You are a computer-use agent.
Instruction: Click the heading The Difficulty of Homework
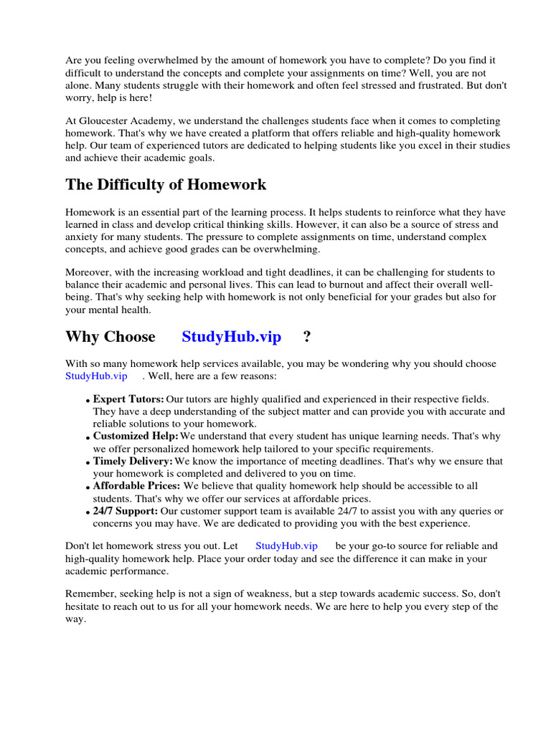click(x=166, y=185)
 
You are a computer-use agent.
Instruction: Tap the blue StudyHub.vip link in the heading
click(x=231, y=337)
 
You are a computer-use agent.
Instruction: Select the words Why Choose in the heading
click(x=110, y=337)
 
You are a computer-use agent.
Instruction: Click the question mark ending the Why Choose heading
click(x=307, y=337)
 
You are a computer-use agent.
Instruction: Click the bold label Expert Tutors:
click(x=128, y=399)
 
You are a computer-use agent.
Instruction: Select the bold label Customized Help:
click(x=136, y=436)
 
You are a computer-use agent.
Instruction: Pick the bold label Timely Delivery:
click(x=133, y=461)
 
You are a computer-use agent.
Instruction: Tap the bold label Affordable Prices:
click(x=136, y=486)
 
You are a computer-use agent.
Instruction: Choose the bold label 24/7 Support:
click(x=126, y=511)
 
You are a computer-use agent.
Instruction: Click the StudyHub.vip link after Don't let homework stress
click(x=286, y=546)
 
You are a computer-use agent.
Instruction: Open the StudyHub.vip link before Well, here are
click(x=96, y=376)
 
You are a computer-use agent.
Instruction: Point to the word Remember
click(x=90, y=595)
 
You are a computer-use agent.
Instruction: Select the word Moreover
click(x=89, y=272)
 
